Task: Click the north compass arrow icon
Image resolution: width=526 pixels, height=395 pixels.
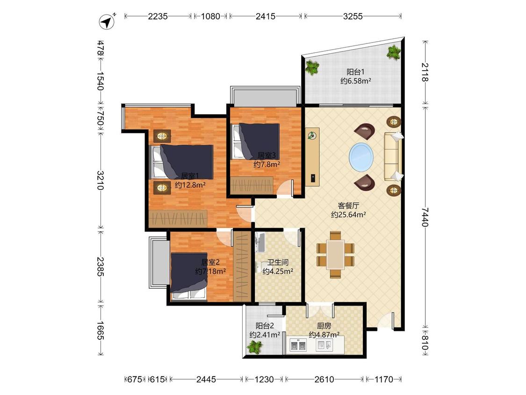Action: click(108, 22)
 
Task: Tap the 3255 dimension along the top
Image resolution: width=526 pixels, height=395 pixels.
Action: click(353, 16)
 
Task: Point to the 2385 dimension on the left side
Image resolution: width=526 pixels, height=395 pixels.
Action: click(101, 267)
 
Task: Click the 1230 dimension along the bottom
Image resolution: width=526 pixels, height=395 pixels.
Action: click(264, 380)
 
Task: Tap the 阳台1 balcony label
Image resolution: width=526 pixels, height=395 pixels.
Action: click(356, 72)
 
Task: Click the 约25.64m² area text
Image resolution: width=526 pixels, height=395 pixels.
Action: click(348, 215)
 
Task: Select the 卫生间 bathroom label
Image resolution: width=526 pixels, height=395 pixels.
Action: click(278, 263)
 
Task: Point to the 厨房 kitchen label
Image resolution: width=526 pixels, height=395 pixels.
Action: click(324, 326)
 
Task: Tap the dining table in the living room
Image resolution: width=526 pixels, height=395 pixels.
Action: click(335, 254)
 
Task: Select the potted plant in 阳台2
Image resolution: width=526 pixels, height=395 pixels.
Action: click(255, 347)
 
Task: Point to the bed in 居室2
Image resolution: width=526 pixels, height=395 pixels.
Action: click(189, 276)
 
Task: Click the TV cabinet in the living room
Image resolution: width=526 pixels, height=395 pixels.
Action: click(312, 156)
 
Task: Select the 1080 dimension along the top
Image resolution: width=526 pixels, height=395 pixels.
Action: click(210, 16)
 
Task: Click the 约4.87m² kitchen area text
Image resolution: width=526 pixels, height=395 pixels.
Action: click(324, 335)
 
